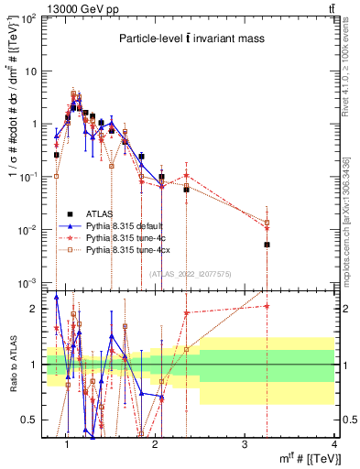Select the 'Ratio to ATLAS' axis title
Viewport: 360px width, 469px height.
point(12,365)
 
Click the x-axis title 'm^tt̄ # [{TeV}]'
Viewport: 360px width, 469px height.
point(302,457)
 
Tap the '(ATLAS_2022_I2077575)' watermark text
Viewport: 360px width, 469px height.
point(190,273)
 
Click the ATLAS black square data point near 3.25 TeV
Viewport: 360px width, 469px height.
point(267,245)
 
